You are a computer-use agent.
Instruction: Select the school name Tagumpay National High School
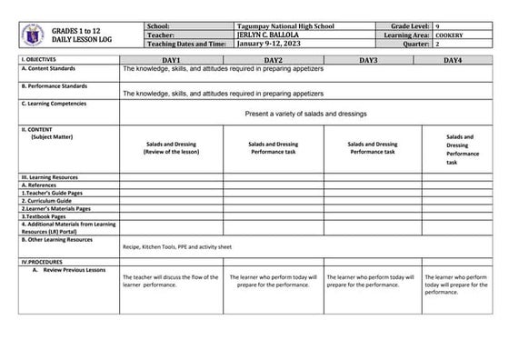[x=284, y=27]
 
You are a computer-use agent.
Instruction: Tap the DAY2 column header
[x=274, y=59]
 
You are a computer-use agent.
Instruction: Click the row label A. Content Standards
[x=50, y=67]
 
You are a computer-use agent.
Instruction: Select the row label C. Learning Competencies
[x=56, y=104]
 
